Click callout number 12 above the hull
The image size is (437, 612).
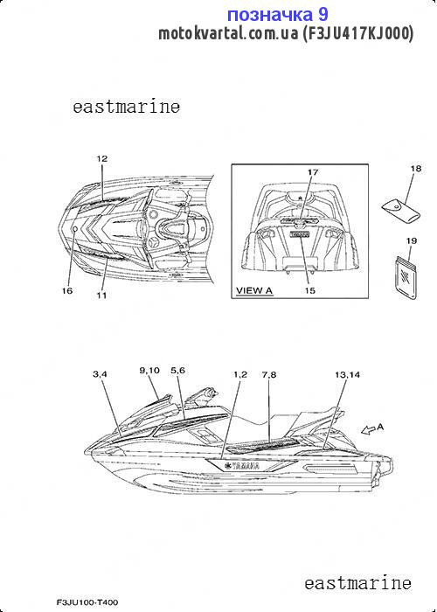(x=102, y=159)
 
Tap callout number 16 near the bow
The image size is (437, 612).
(x=67, y=291)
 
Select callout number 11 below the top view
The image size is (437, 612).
(x=101, y=296)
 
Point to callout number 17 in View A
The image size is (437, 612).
(x=313, y=172)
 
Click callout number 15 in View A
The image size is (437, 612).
(x=310, y=291)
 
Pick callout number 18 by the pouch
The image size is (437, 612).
(x=416, y=169)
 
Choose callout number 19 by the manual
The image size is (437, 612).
(x=412, y=240)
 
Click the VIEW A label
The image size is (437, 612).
(x=254, y=291)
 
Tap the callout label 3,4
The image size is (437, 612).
(x=100, y=375)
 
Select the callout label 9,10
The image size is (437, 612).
(x=149, y=371)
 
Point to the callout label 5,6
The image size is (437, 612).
(x=177, y=371)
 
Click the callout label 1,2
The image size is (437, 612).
(x=240, y=375)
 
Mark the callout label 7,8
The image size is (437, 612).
(x=269, y=375)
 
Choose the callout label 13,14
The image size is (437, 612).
(x=347, y=375)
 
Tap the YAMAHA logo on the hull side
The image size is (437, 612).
(x=241, y=466)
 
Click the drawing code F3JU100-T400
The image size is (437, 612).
(x=87, y=602)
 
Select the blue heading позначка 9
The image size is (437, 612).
(x=278, y=15)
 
